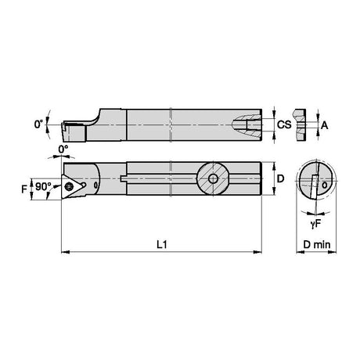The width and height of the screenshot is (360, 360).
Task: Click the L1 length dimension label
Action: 162,244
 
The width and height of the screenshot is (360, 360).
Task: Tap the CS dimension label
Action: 284,124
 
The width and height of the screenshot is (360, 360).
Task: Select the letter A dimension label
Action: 324,125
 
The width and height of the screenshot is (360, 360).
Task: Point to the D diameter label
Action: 280,178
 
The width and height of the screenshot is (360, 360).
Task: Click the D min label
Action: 317,245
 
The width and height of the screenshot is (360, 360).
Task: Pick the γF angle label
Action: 315,224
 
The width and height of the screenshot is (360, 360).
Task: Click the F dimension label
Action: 24,189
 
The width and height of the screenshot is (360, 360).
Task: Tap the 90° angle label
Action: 43,186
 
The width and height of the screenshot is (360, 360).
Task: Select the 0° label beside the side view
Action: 38,124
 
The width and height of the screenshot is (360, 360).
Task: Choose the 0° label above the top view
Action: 63,149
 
